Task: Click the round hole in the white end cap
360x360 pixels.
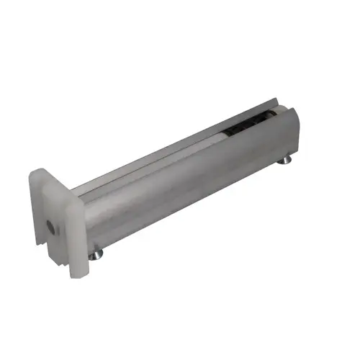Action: (x=49, y=225)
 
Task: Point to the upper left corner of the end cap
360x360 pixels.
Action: (x=32, y=174)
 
